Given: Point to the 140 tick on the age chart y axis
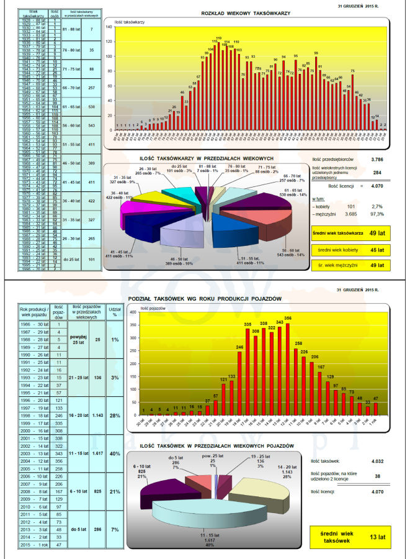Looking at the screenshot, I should tap(109, 27).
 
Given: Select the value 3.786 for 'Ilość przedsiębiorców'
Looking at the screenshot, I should tap(376, 159).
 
